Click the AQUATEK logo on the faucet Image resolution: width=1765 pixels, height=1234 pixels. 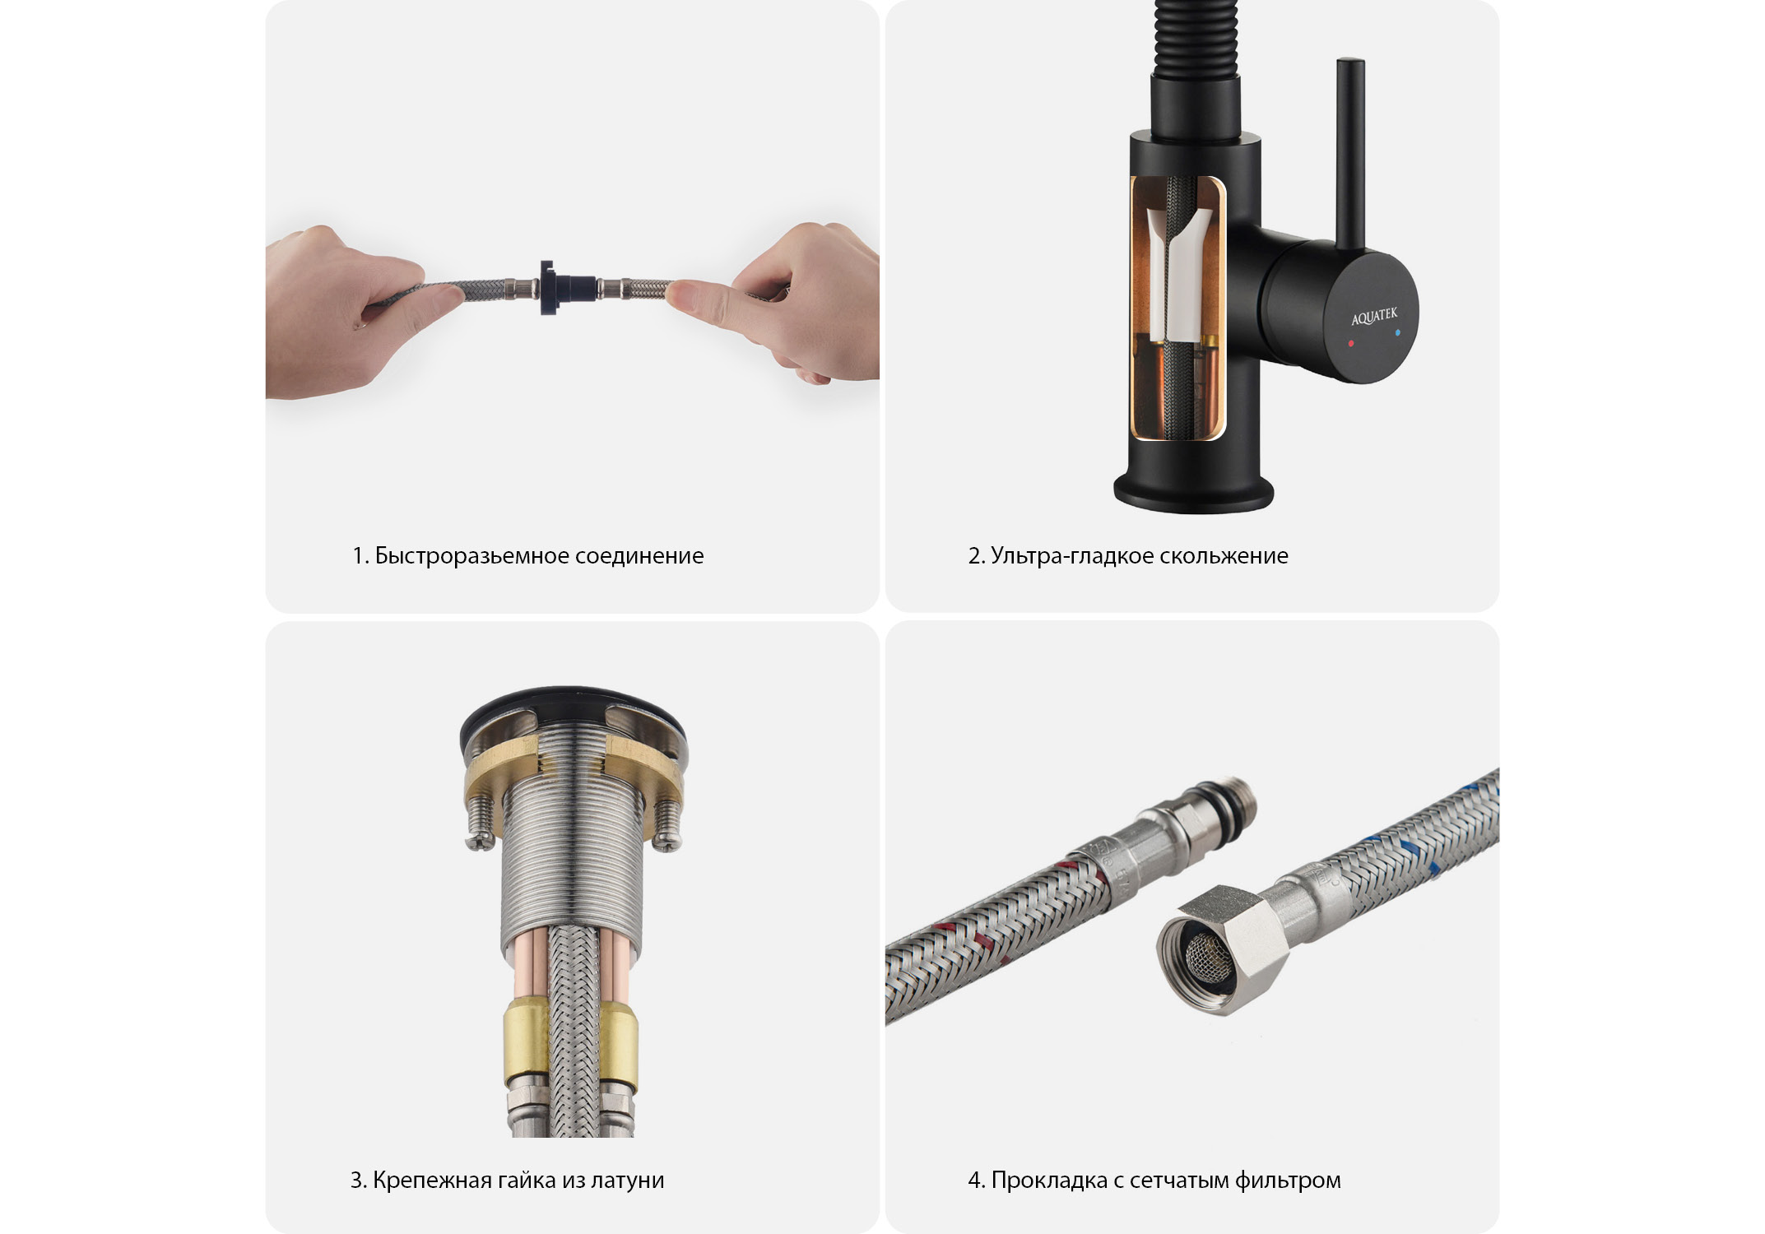pos(1374,316)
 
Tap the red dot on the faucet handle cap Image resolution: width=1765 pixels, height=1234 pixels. pos(1351,343)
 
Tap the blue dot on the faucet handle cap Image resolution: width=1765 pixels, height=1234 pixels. pos(1397,334)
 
